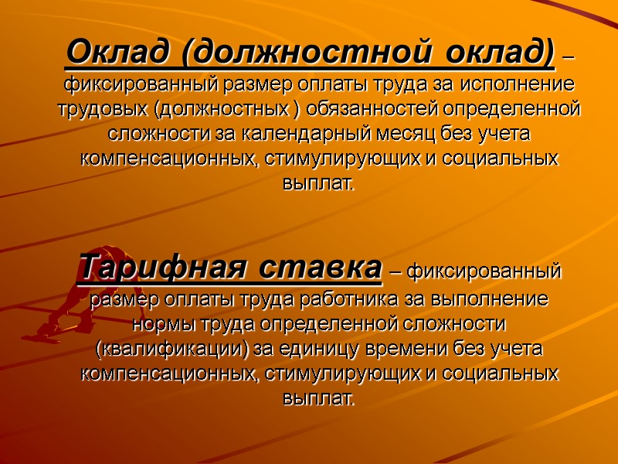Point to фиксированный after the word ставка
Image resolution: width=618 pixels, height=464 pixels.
point(483,273)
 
